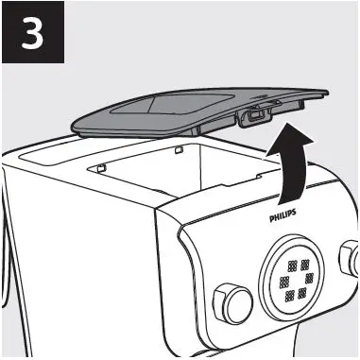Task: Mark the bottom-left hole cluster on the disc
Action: [287, 297]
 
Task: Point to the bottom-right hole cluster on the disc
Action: [303, 292]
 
